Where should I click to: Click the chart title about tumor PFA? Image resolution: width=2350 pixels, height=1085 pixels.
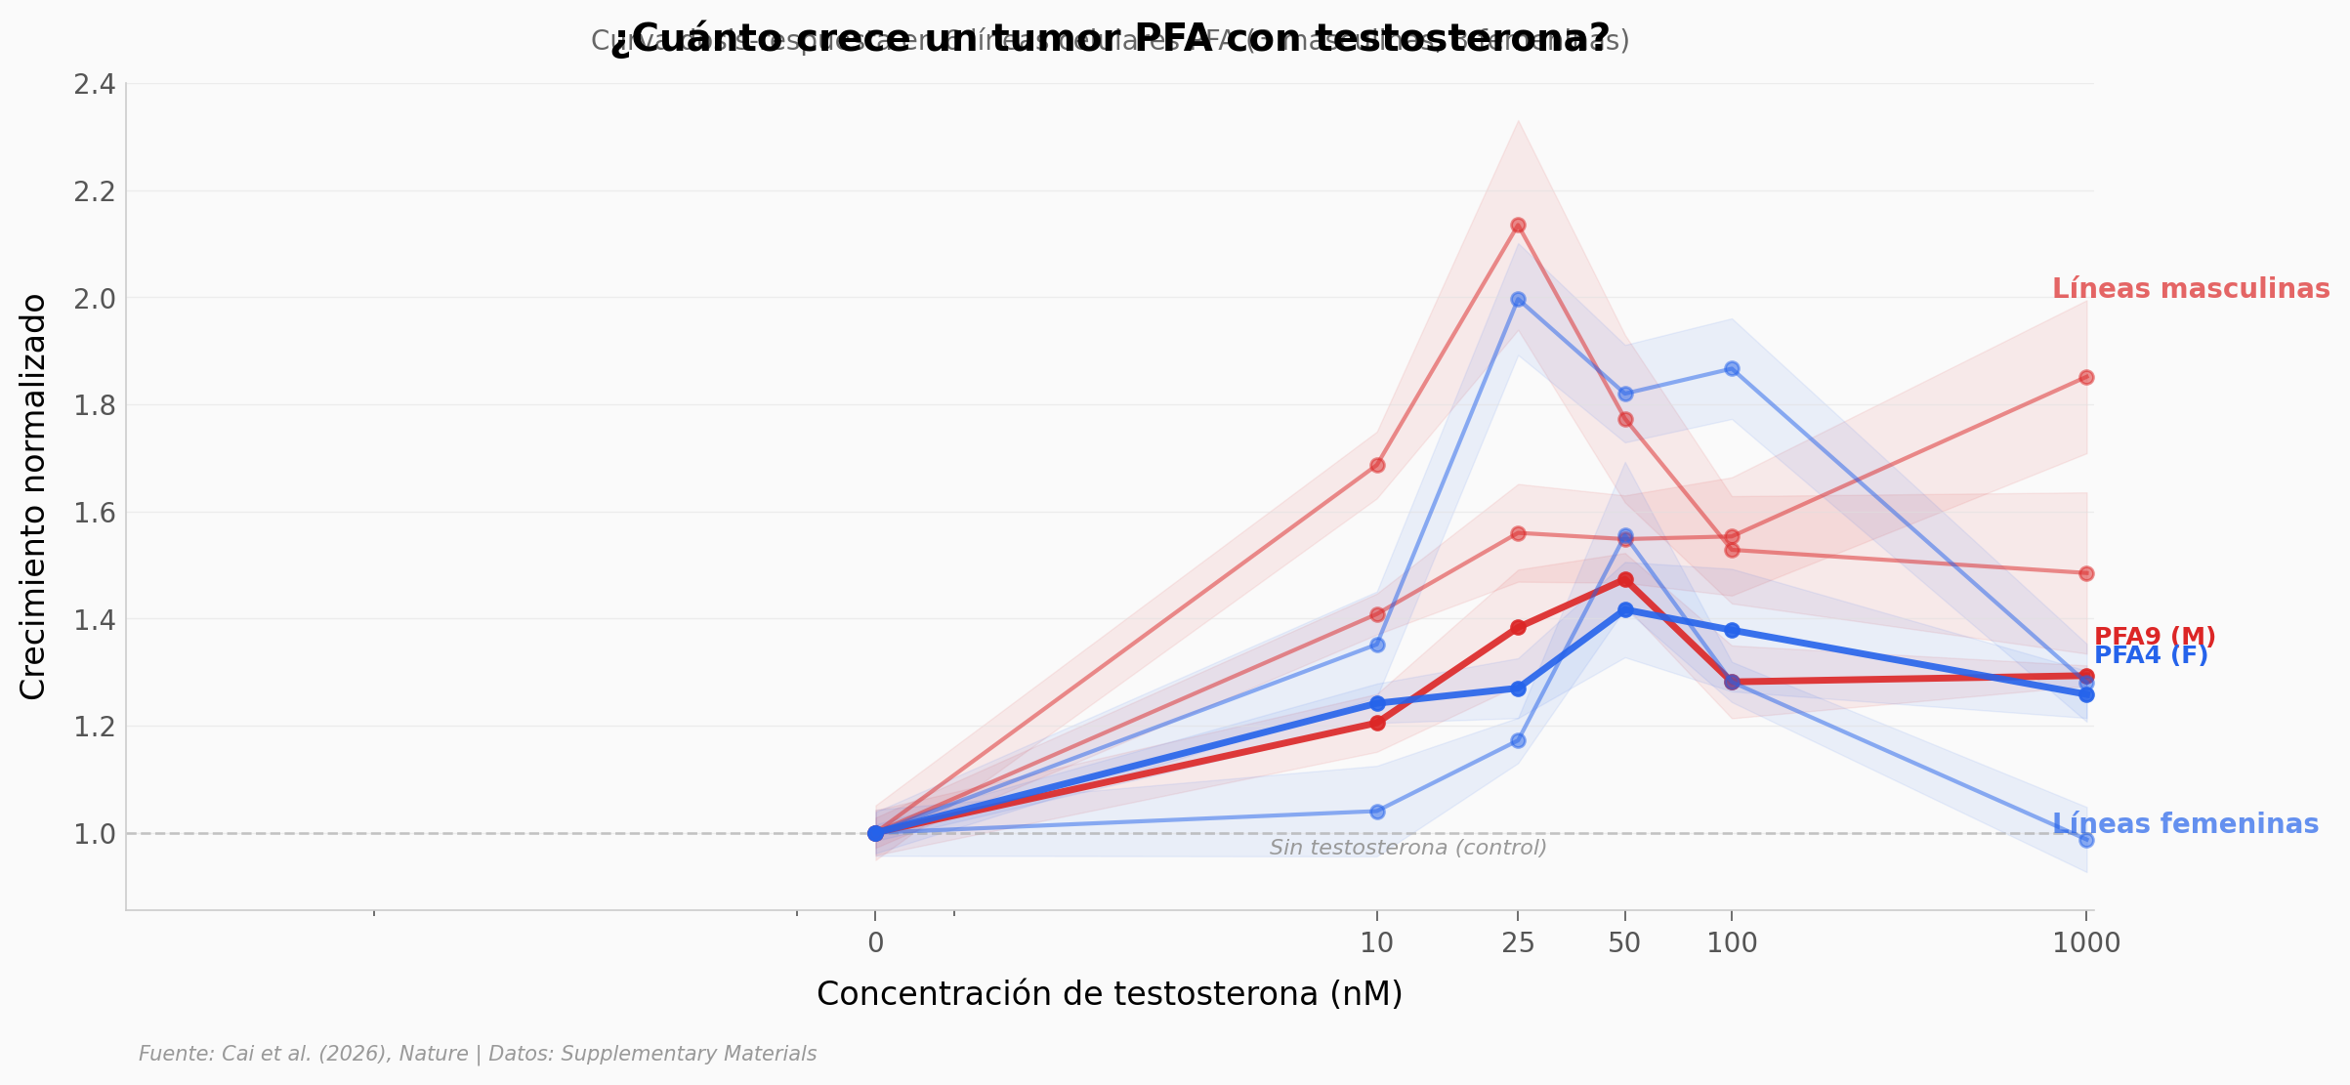click(x=1110, y=39)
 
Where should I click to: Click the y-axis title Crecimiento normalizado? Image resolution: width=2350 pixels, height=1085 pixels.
click(x=33, y=496)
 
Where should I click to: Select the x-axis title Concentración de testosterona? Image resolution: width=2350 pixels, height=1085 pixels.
click(x=1110, y=993)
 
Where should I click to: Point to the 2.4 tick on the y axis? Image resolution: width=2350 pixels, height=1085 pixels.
click(x=95, y=85)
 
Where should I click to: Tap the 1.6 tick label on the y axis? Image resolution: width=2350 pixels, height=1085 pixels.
click(x=95, y=513)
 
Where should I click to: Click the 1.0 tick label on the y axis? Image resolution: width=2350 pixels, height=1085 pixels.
click(x=95, y=834)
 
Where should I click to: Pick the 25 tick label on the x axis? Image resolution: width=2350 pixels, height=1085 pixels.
click(x=1518, y=943)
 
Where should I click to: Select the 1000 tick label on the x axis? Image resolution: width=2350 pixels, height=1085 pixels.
click(x=2086, y=943)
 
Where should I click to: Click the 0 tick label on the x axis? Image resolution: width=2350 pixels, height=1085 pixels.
click(x=875, y=943)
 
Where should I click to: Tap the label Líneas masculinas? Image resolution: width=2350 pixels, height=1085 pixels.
click(x=2191, y=289)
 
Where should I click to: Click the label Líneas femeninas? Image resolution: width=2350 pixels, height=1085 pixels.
click(x=2185, y=824)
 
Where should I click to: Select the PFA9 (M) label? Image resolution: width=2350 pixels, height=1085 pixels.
click(x=2155, y=637)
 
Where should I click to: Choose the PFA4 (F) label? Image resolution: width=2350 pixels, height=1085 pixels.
click(x=2151, y=656)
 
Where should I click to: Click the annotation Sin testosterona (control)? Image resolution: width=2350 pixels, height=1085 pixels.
click(x=1407, y=848)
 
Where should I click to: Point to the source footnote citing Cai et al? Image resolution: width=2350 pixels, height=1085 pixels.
click(x=478, y=1054)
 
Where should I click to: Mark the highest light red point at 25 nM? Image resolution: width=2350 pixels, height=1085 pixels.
click(x=1518, y=226)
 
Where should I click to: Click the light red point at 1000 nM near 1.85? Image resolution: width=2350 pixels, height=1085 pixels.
click(x=2086, y=377)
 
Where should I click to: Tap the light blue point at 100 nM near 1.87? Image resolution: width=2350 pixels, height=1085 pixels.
click(x=1732, y=368)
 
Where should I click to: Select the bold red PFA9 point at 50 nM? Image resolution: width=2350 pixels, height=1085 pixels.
click(x=1625, y=580)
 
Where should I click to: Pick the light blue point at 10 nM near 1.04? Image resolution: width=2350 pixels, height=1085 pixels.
click(x=1377, y=812)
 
